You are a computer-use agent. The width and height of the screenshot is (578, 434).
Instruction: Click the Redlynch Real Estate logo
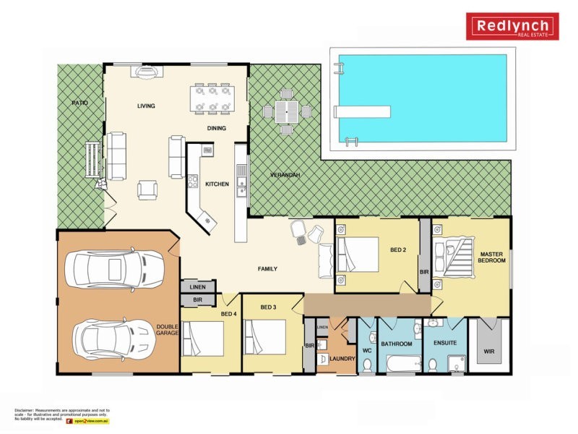click(512, 27)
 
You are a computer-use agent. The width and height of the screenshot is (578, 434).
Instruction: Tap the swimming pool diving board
click(362, 111)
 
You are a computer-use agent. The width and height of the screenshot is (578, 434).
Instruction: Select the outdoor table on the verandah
click(287, 111)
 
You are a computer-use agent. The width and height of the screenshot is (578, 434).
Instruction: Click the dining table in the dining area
click(212, 99)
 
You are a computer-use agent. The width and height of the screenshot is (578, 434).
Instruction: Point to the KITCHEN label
click(217, 184)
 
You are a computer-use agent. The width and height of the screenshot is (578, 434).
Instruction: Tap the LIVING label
click(147, 106)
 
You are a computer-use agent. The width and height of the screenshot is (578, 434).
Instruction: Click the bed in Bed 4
click(203, 338)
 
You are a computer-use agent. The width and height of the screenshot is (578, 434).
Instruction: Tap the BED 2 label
click(398, 250)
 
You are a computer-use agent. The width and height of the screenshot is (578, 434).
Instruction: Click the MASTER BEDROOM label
click(491, 257)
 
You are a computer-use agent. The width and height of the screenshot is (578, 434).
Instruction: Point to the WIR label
click(489, 352)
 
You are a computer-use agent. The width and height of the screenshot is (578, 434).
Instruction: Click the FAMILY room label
click(267, 269)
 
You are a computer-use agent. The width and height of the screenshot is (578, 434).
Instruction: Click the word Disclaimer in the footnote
click(27, 409)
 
